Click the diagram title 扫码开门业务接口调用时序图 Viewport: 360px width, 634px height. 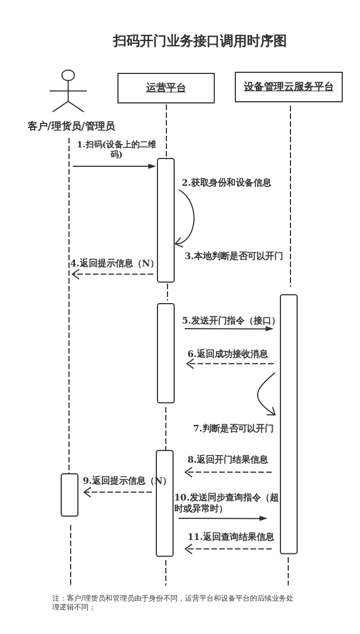coord(199,41)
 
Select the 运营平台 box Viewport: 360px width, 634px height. coord(166,88)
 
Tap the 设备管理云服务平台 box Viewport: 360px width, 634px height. coord(288,87)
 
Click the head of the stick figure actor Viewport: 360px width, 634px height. coord(68,75)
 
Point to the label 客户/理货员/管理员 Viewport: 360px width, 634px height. coord(71,126)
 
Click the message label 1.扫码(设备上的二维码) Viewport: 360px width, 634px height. coord(116,149)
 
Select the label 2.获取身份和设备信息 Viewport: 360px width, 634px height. coord(226,182)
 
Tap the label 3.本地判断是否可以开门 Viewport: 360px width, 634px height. coord(234,256)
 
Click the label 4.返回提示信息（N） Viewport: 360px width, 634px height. coord(114,263)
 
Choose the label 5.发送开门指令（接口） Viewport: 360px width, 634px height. coord(230,320)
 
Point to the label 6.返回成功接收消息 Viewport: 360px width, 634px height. coord(228,354)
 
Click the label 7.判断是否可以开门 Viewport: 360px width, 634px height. coord(233,428)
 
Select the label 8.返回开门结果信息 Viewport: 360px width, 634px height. coord(228,459)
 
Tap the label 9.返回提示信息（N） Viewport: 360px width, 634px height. coord(126,481)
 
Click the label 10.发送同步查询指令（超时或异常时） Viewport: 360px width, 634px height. coord(226,503)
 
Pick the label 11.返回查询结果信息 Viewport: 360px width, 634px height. coord(230,537)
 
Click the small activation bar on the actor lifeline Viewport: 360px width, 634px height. coord(70,495)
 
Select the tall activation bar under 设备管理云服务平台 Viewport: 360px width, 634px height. coord(289,424)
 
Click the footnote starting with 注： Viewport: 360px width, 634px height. coord(172,602)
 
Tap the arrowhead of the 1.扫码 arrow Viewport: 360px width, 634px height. coord(152,166)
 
